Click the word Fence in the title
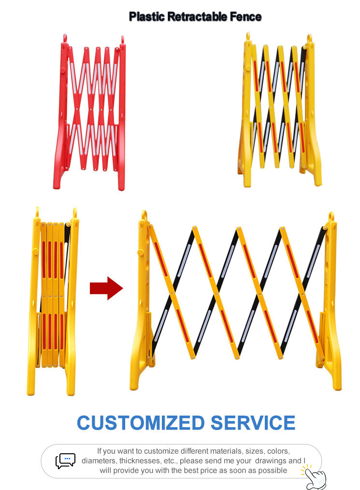point(246,16)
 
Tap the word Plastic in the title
point(147,16)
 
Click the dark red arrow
point(106,288)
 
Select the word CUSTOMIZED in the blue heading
point(141,423)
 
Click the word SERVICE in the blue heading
point(253,423)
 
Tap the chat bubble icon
point(66,461)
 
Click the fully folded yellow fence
point(53,302)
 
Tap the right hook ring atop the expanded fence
point(331,216)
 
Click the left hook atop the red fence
point(65,38)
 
